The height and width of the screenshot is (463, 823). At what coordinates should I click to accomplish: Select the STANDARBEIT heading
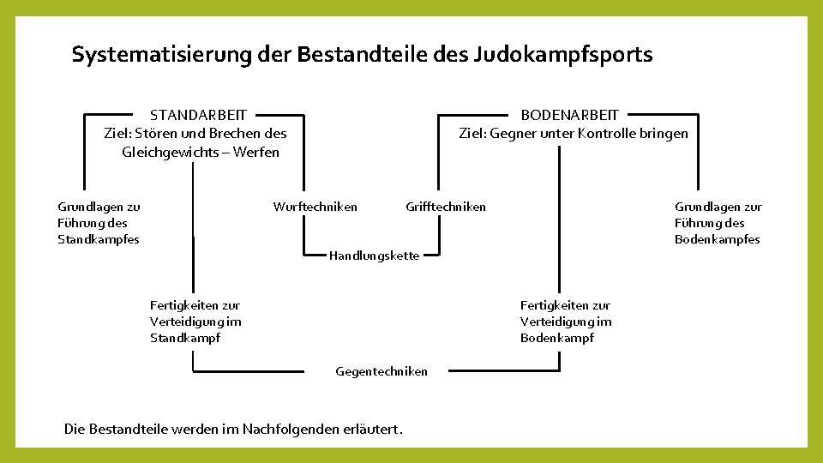[x=198, y=115]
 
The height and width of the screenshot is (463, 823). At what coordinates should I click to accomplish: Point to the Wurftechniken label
[x=315, y=207]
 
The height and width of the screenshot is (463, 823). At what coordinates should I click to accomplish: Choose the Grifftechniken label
[x=445, y=207]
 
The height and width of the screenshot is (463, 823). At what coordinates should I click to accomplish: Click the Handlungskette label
[x=375, y=256]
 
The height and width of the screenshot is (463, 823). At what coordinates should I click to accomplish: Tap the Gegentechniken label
[x=381, y=371]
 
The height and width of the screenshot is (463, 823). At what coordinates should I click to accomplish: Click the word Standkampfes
[x=98, y=239]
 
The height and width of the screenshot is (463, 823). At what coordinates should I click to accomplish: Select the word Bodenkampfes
[x=717, y=239]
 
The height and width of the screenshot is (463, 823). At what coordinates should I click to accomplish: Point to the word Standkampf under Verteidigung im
[x=185, y=338]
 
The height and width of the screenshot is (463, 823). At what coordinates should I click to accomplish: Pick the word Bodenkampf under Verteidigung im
[x=557, y=338]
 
